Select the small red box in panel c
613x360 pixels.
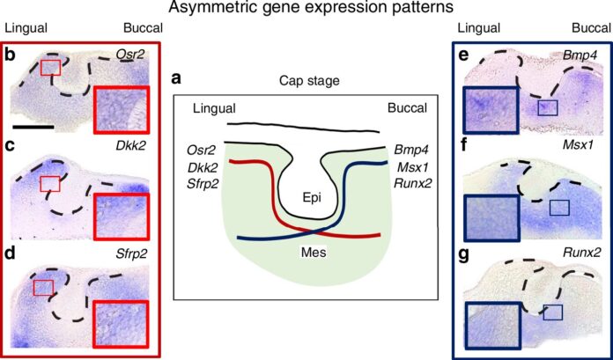51,182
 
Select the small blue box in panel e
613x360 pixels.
548,107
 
